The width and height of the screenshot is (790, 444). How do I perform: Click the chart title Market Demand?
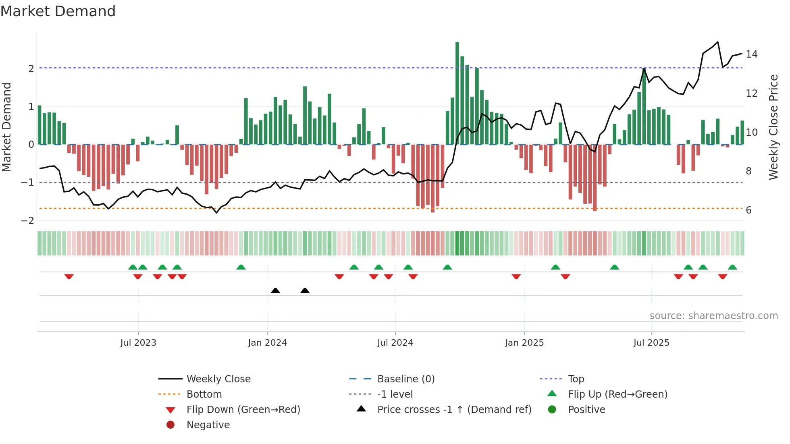click(x=58, y=11)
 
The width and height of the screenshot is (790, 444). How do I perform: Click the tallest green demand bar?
click(x=457, y=93)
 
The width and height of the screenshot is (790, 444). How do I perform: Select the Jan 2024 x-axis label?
click(x=267, y=343)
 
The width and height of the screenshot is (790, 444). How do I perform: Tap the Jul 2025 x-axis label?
click(x=651, y=343)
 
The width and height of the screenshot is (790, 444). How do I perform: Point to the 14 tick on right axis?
click(x=751, y=54)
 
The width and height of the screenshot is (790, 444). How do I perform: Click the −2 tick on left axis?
click(x=28, y=221)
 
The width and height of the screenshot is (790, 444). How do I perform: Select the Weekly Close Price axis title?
click(x=773, y=127)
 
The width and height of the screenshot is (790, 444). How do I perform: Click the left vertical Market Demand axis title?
click(x=7, y=127)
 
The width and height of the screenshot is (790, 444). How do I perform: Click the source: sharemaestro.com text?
click(x=713, y=315)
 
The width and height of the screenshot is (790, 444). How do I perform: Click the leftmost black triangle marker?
click(x=275, y=290)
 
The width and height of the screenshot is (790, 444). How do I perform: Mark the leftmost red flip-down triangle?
click(x=69, y=276)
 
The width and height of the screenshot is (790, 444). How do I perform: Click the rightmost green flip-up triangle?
click(x=732, y=267)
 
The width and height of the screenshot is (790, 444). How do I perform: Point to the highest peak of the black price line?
click(x=717, y=42)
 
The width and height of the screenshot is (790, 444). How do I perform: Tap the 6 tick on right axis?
click(x=748, y=210)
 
